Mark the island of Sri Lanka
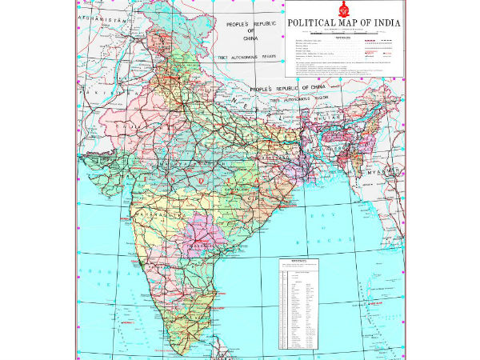(x=218, y=349)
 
